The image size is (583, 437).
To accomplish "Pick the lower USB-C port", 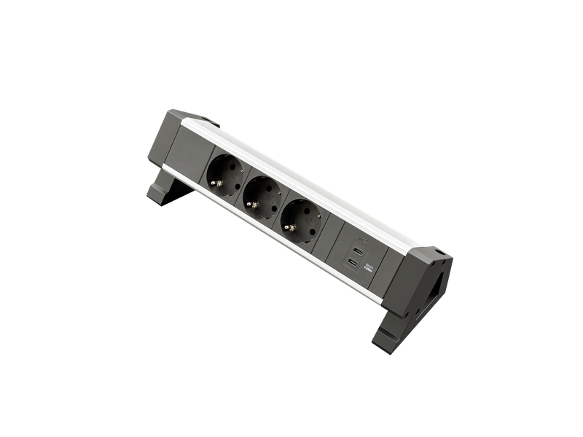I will (x=352, y=262).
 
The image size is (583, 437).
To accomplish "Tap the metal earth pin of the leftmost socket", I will (x=216, y=182).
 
